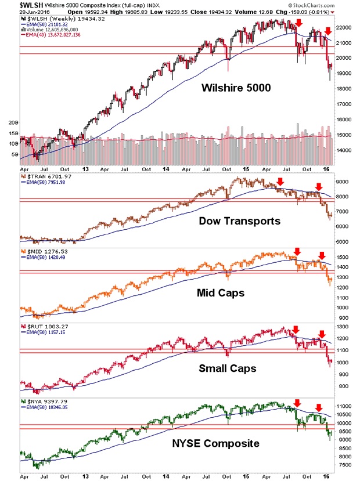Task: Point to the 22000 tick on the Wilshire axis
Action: [x=345, y=27]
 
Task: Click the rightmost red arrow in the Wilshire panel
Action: [x=328, y=30]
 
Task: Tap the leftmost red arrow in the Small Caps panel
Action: [x=296, y=330]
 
